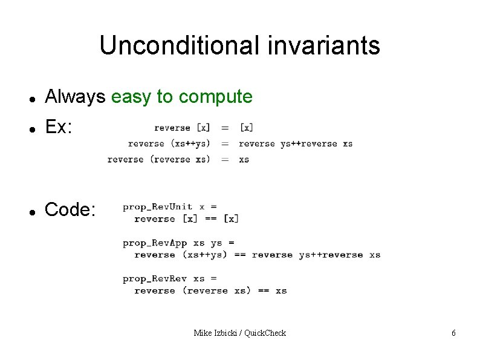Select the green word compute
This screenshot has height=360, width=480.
click(216, 96)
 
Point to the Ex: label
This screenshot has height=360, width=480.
click(59, 127)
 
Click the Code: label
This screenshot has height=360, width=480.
click(70, 210)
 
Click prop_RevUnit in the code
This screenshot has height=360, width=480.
click(157, 207)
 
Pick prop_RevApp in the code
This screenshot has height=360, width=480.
click(155, 243)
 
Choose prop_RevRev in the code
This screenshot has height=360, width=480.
click(155, 279)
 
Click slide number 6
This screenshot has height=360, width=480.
click(453, 333)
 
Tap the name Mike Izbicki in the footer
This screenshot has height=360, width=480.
click(215, 333)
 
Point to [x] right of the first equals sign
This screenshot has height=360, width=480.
click(246, 128)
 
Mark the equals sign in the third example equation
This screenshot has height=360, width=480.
click(224, 159)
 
